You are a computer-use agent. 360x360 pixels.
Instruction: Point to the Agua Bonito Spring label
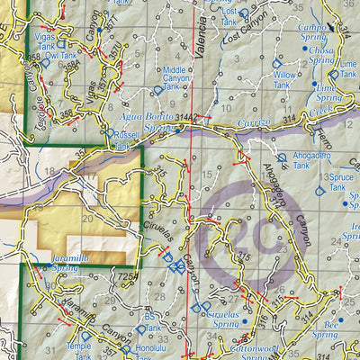pyautogui.click(x=147, y=122)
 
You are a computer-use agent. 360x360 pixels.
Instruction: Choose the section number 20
pyautogui.click(x=87, y=219)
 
